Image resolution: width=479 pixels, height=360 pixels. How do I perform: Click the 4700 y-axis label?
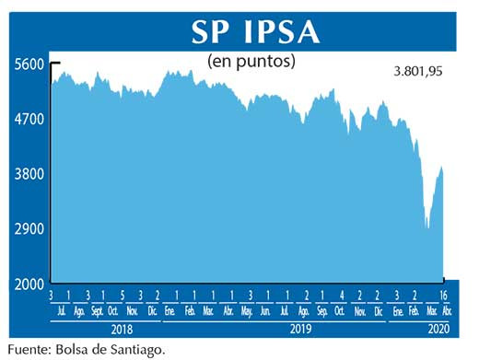29,119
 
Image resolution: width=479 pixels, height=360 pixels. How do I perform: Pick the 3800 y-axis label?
29,173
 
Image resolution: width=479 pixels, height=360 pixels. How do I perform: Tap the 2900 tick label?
29,228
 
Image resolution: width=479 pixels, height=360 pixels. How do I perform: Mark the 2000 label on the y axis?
29,283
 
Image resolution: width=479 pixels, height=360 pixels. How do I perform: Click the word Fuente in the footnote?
29,349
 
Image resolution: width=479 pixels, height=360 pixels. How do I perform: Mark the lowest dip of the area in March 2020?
427,227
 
